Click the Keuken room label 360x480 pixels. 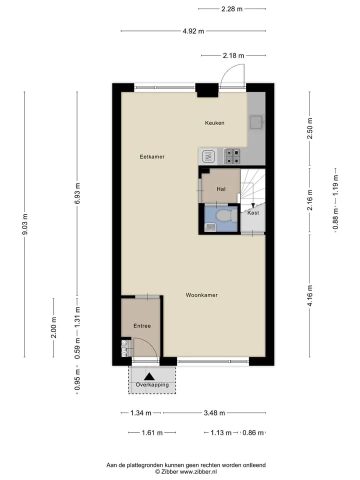pos(214,123)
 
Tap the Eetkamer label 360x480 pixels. pos(152,156)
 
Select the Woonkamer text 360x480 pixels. pos(201,295)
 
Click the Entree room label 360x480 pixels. pos(142,326)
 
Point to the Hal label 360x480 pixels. pos(221,189)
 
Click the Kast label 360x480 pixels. pos(253,213)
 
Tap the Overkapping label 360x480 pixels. pos(152,385)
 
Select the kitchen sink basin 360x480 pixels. pos(256,122)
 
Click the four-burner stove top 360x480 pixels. pos(232,156)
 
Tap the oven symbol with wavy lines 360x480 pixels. pos(208,156)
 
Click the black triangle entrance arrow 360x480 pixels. pos(149,376)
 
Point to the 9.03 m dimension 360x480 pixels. pos(25,224)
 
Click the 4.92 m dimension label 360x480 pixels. pos(193,31)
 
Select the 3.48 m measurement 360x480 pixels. pos(214,413)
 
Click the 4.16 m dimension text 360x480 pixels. pos(310,295)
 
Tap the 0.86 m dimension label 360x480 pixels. pos(253,433)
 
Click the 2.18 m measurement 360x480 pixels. pos(233,55)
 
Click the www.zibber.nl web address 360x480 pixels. pos(198,471)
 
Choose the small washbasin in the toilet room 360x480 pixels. pos(210,227)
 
